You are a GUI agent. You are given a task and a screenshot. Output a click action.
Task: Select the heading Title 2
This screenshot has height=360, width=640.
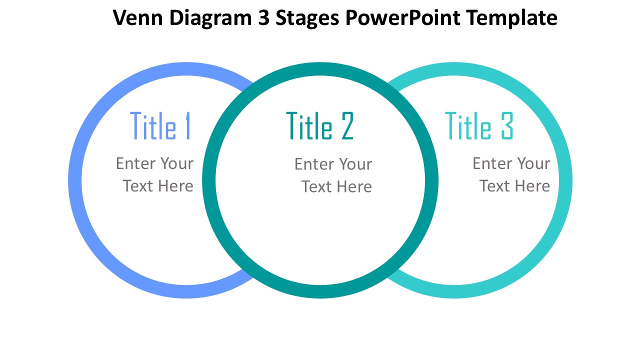tap(319, 126)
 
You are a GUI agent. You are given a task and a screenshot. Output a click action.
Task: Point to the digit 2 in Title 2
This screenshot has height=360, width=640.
tap(347, 126)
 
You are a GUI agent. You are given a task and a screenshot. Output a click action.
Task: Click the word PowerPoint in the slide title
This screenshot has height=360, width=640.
tap(403, 18)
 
